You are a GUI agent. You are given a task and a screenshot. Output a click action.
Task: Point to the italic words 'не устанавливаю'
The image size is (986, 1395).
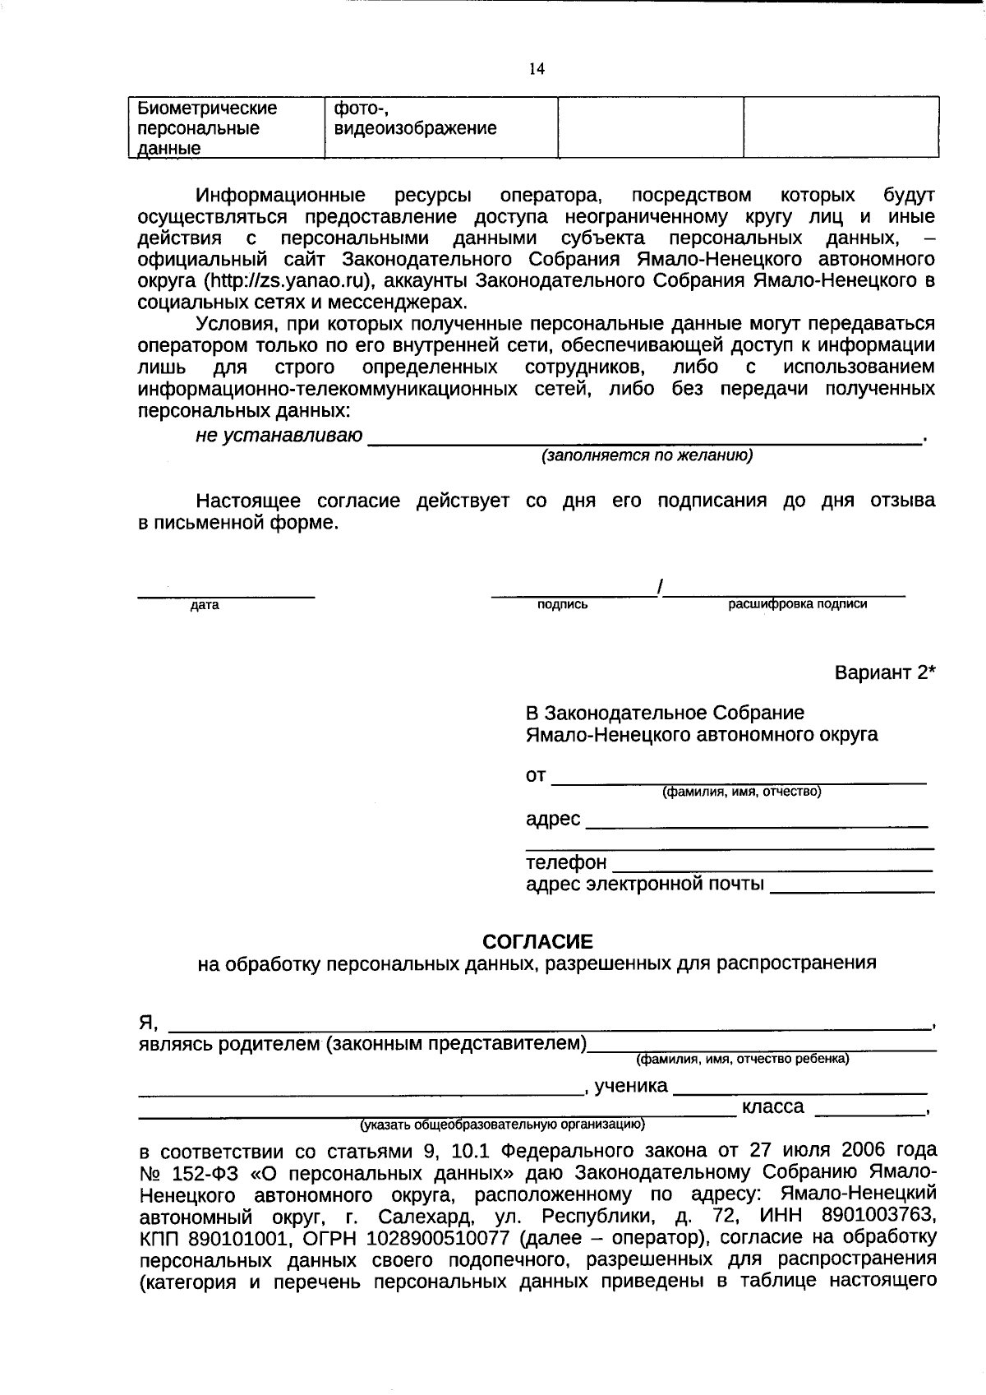coord(279,436)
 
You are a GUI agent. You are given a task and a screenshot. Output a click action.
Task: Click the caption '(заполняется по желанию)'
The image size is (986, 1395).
coord(646,455)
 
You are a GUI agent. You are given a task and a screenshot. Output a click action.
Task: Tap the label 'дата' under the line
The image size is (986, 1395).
coord(205,606)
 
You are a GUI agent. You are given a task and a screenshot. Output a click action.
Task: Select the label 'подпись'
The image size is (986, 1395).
coord(562,605)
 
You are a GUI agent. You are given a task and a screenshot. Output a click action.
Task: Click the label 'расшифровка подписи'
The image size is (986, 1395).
coord(797,604)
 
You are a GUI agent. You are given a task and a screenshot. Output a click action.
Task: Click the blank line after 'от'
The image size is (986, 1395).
coord(739,778)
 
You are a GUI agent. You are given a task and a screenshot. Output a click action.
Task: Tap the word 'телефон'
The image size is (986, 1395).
coord(566,862)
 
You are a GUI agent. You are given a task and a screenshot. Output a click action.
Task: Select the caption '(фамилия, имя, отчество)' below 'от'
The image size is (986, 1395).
coord(742,792)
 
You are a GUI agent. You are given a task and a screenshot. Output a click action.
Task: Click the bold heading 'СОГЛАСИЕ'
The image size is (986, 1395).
coord(537,941)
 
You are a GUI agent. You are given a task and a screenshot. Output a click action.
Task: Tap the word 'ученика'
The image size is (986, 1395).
coord(630,1086)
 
